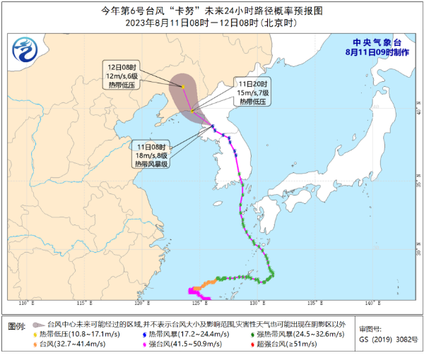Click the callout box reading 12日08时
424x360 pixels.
(x=122, y=74)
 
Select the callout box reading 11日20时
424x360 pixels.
(x=253, y=92)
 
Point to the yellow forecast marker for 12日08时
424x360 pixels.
(x=183, y=88)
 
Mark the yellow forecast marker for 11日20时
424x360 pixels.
(x=192, y=110)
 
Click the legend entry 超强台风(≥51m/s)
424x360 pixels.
(x=286, y=344)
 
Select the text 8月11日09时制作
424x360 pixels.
(x=375, y=52)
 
